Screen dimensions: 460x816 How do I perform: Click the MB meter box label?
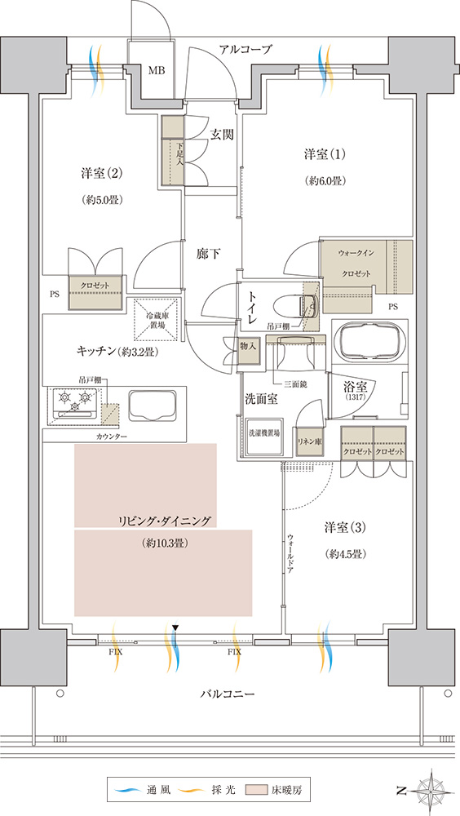point(157,71)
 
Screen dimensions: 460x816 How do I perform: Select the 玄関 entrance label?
point(221,135)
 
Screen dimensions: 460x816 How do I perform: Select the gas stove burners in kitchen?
point(73,399)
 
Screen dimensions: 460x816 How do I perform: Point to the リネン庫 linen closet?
point(308,441)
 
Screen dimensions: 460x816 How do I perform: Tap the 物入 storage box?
point(248,347)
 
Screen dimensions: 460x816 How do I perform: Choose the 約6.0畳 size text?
point(325,181)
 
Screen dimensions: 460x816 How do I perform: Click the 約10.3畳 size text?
point(163,543)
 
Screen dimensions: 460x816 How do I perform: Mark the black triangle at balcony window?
point(175,628)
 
